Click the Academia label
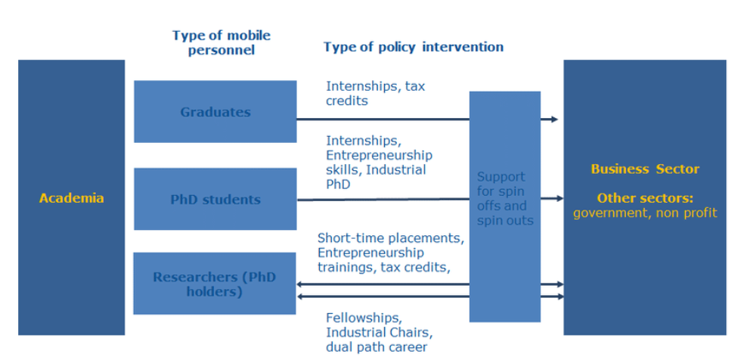click(x=71, y=198)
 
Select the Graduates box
click(x=215, y=111)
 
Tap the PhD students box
click(x=215, y=199)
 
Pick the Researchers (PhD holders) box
click(x=215, y=284)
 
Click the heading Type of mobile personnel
click(x=222, y=42)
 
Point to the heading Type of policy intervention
click(x=414, y=47)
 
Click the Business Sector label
click(x=645, y=169)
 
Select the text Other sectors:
click(x=645, y=198)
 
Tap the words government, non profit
click(x=645, y=213)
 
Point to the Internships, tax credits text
click(x=376, y=93)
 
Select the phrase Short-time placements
click(x=391, y=238)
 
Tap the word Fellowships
click(x=364, y=318)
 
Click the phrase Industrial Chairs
click(x=380, y=332)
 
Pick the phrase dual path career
click(x=377, y=347)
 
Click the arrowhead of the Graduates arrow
click(x=554, y=119)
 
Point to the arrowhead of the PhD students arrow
click(x=559, y=199)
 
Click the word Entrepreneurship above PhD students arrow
click(x=380, y=156)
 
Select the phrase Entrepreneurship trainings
click(x=370, y=259)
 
